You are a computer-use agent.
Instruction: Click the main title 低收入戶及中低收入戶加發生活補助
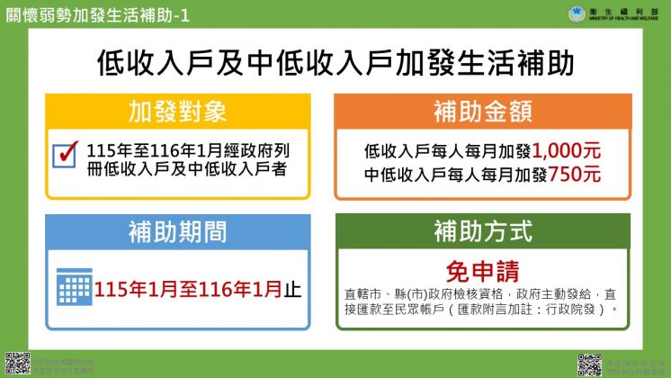[335, 63]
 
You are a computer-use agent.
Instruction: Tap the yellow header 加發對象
[177, 112]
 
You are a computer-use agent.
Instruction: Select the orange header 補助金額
[483, 112]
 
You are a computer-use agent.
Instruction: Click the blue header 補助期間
[177, 232]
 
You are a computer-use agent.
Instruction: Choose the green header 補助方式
[483, 232]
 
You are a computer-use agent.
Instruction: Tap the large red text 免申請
[482, 270]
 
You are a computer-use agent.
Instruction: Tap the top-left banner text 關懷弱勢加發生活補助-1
[97, 13]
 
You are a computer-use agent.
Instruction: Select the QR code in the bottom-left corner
[15, 363]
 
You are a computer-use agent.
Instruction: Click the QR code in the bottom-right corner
[589, 364]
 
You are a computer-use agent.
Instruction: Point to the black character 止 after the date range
[293, 290]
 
